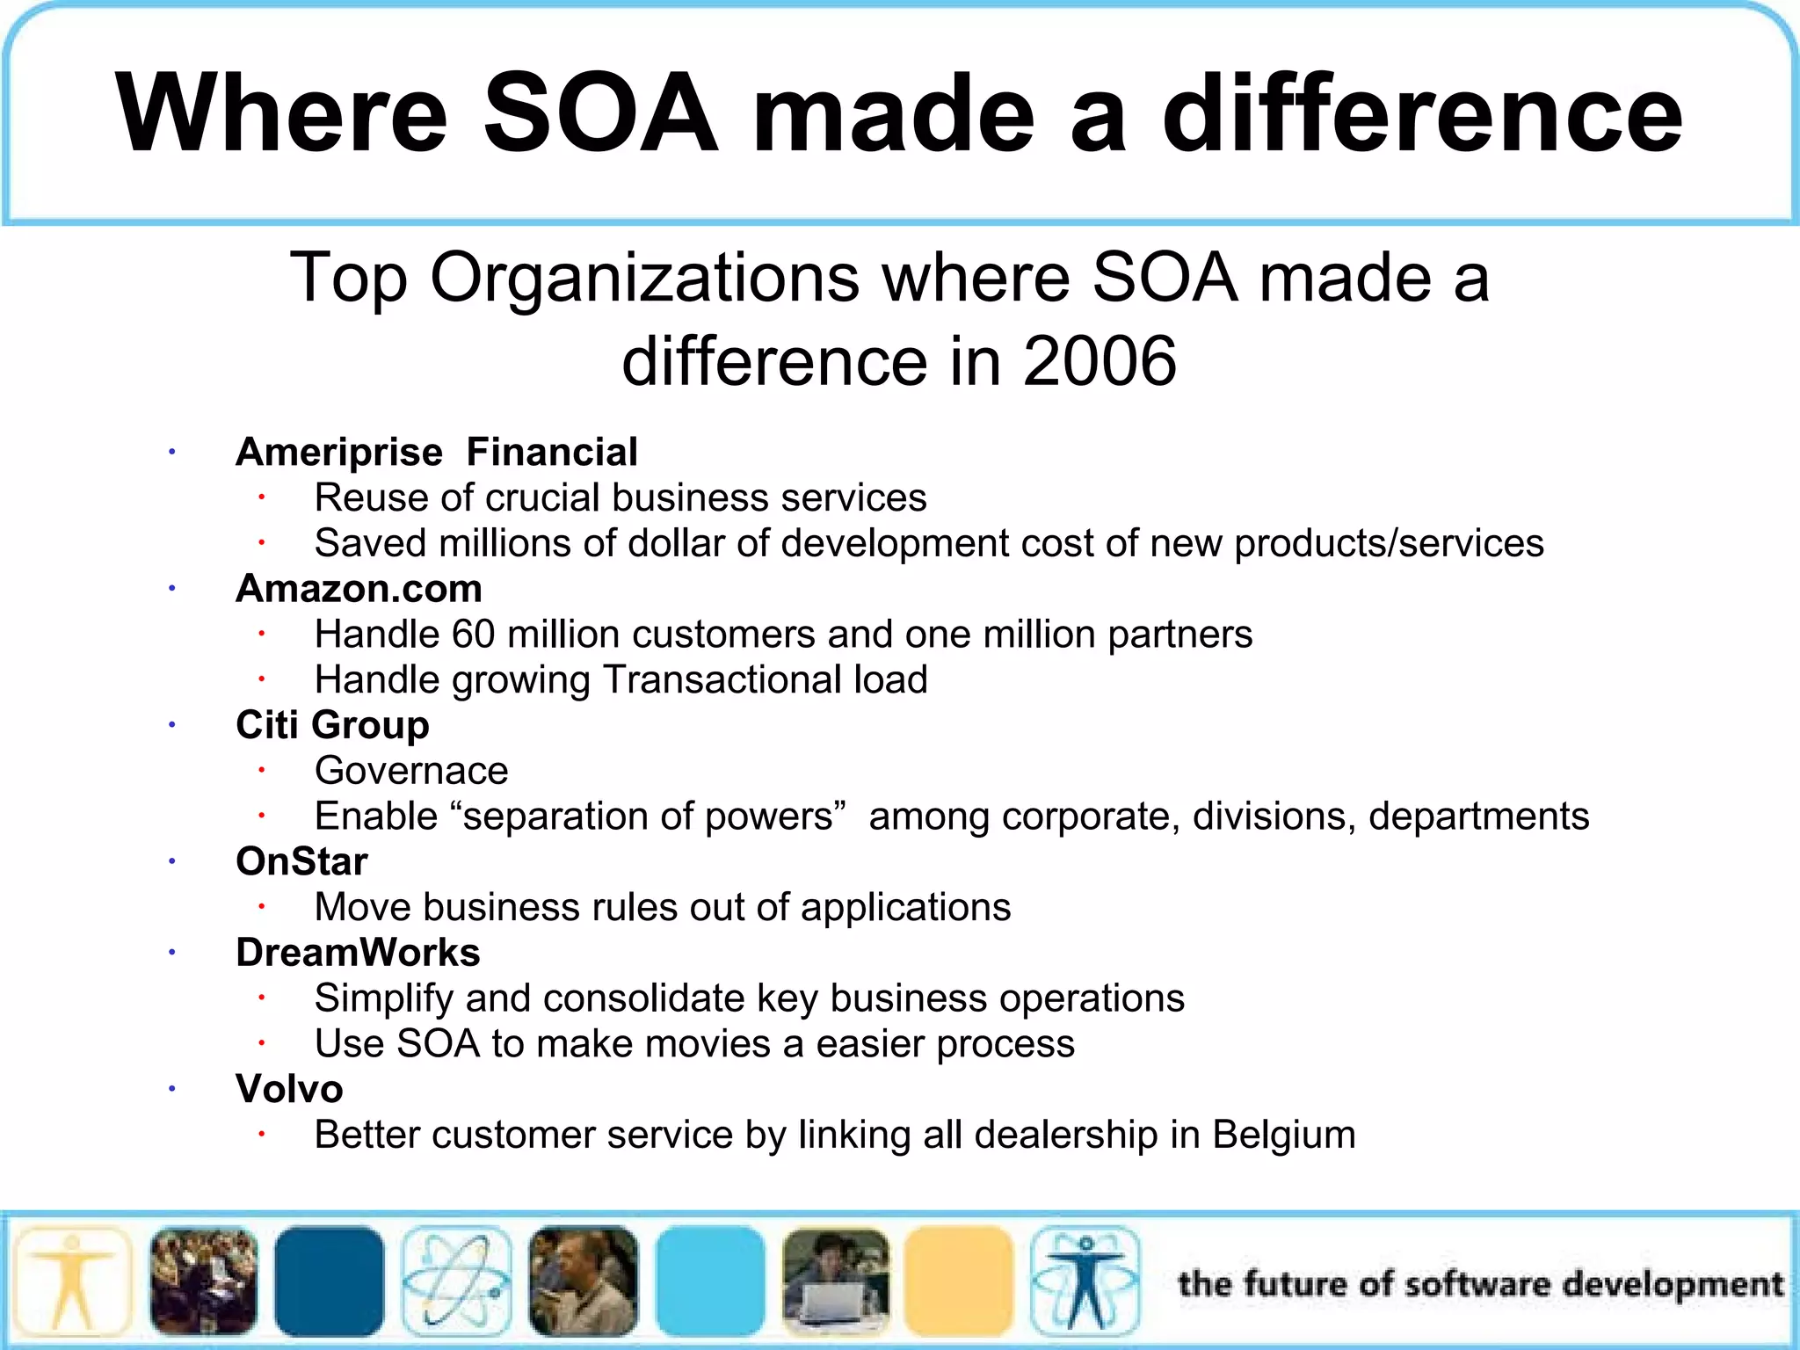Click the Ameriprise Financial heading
click(x=436, y=453)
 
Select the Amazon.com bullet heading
click(x=359, y=589)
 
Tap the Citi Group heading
click(x=332, y=725)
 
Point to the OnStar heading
click(x=301, y=861)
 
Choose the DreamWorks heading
click(x=358, y=953)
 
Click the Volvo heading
click(x=289, y=1089)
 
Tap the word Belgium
click(x=1283, y=1135)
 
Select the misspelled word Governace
click(x=411, y=771)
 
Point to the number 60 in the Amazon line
click(x=474, y=635)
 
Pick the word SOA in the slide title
click(x=601, y=114)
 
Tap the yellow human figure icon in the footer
click(x=74, y=1281)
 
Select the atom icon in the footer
click(x=456, y=1281)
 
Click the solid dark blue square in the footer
click(x=329, y=1281)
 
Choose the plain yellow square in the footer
click(x=958, y=1281)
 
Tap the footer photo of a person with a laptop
click(x=835, y=1281)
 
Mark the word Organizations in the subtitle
click(x=643, y=278)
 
